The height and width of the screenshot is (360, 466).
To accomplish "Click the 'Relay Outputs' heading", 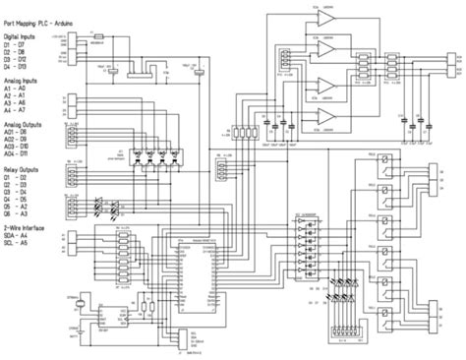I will click(24, 168).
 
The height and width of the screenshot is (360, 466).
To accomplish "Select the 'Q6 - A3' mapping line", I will click(19, 216).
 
